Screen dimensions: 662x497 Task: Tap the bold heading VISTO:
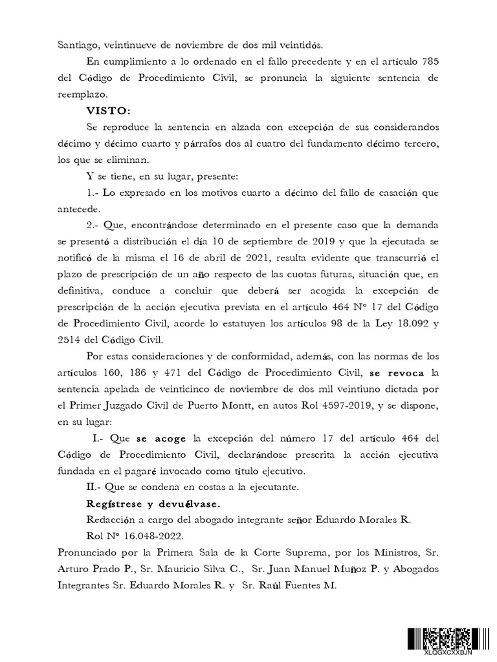(108, 111)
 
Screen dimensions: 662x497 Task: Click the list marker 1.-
(93, 193)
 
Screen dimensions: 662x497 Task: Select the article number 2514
(71, 339)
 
